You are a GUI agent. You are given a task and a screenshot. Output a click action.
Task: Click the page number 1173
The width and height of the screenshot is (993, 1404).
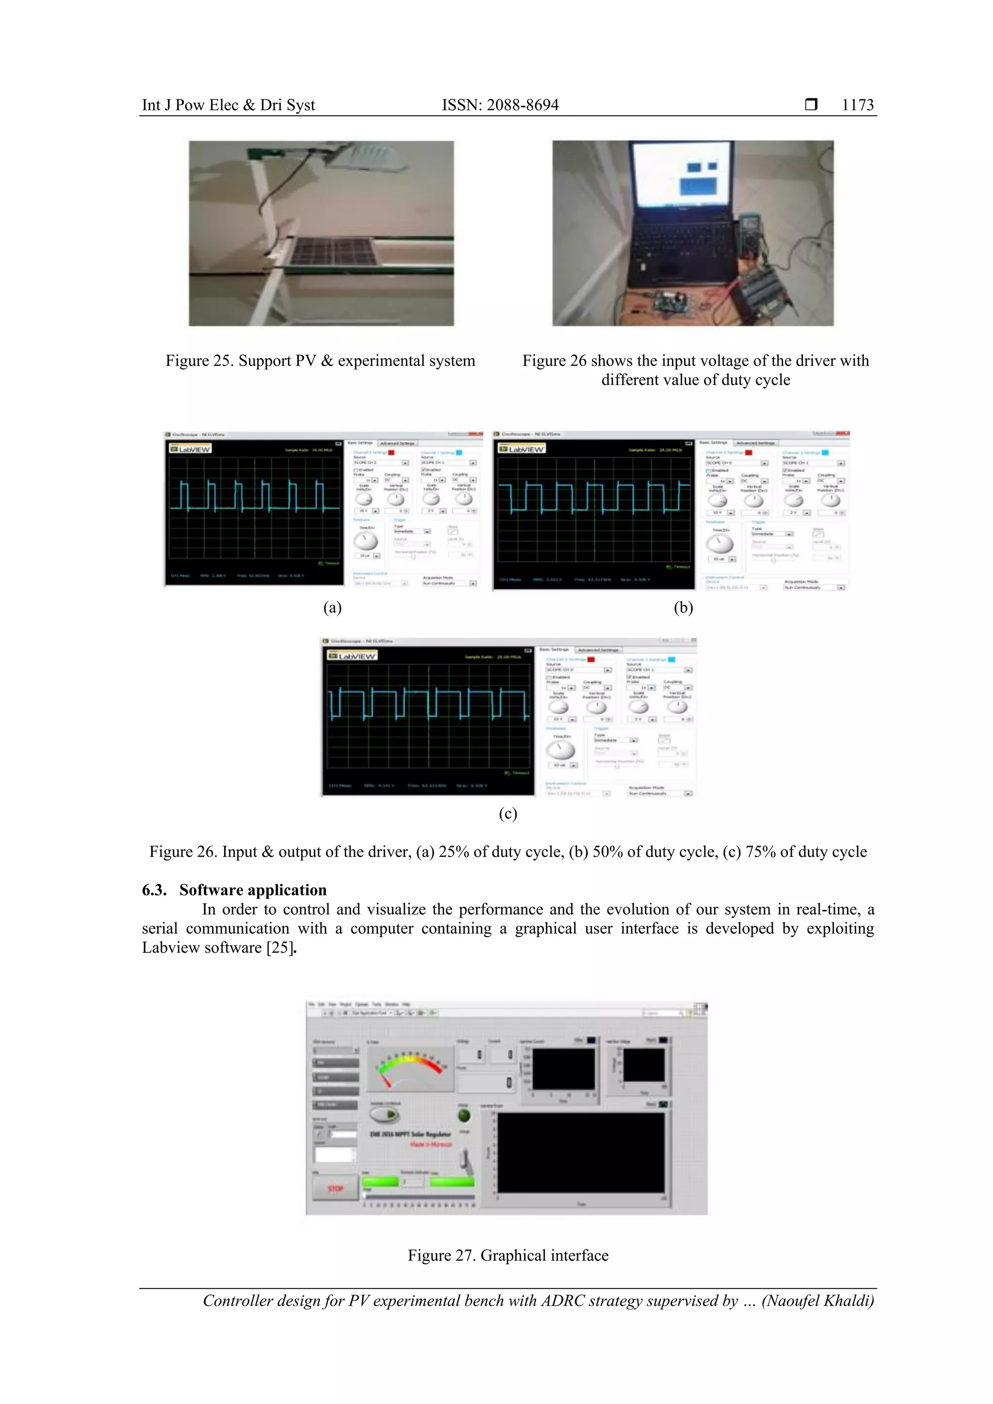click(x=857, y=105)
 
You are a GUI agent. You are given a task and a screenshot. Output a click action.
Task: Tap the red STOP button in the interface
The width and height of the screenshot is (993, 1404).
click(x=335, y=1188)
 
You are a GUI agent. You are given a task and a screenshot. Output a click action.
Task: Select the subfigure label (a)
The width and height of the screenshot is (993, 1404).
click(x=332, y=607)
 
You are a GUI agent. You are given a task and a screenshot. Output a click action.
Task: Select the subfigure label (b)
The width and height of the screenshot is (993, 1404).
click(x=683, y=607)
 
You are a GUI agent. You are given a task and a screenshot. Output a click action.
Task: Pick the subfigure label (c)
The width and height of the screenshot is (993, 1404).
click(x=508, y=814)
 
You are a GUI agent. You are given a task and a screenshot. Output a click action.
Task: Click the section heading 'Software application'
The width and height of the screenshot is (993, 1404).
click(x=253, y=890)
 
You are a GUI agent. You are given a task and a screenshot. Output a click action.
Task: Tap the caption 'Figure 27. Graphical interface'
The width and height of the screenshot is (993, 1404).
click(x=508, y=1255)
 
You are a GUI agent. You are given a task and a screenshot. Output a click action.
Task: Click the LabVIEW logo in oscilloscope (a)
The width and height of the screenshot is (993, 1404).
click(x=191, y=449)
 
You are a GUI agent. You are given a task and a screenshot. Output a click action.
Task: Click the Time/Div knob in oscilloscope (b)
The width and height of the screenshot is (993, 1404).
click(x=720, y=543)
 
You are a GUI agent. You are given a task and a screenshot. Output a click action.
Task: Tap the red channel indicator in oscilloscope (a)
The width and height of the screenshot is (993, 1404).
click(x=391, y=452)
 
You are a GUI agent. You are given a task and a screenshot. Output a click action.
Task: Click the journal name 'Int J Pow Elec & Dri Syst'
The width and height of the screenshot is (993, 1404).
click(x=228, y=105)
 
